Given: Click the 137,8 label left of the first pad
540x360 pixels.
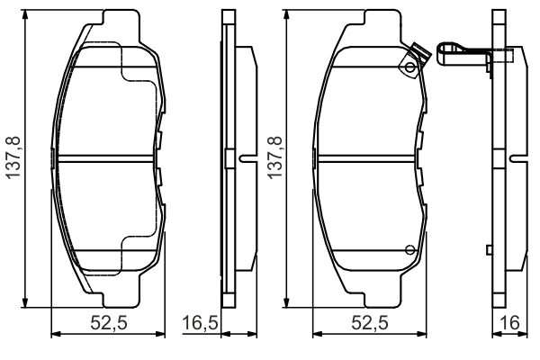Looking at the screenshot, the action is coord(13,157).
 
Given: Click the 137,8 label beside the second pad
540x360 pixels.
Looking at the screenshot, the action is coord(275,157).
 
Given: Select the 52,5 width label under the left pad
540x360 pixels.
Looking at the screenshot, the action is coord(109,323).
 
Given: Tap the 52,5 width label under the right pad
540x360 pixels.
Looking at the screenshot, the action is coord(370,323).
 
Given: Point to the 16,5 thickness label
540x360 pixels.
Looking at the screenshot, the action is coord(200,323).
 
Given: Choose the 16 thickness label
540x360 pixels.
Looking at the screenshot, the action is coord(510,323).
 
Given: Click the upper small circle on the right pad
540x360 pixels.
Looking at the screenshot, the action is coord(409,67).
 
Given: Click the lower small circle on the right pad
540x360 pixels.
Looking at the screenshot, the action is coord(409,250).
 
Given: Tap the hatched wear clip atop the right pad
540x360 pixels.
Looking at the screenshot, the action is coord(420,53).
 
